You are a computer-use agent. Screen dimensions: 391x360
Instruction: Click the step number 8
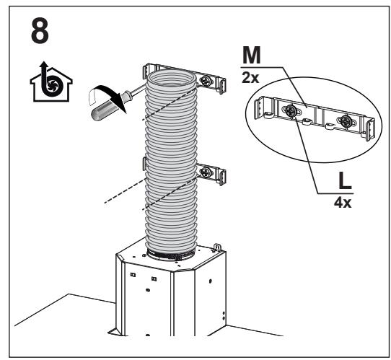pos(40,32)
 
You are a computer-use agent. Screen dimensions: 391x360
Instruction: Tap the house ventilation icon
pos(51,82)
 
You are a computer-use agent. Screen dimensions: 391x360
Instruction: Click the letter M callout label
pos(251,55)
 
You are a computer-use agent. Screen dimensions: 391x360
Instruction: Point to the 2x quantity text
pos(250,78)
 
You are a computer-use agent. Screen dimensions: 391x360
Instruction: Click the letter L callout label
pos(345,181)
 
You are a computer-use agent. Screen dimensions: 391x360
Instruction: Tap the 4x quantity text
pos(343,203)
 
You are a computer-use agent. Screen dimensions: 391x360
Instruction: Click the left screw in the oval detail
pos(291,110)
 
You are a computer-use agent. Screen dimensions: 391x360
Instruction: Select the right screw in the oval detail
pos(346,121)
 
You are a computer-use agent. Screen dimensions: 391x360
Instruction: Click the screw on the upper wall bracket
pos(206,80)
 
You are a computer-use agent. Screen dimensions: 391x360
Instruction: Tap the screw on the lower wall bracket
pos(206,172)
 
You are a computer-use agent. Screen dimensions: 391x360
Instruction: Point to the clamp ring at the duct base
pos(171,255)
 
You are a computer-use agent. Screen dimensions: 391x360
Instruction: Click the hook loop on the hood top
pos(217,247)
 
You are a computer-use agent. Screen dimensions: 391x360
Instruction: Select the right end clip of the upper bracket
pos(222,86)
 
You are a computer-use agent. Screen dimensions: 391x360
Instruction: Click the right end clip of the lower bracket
pos(222,177)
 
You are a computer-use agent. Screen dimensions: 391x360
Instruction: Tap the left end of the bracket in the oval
pos(260,108)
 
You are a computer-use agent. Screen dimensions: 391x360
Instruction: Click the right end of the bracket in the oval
pos(370,130)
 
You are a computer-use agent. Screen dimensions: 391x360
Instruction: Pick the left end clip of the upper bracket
pos(148,70)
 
